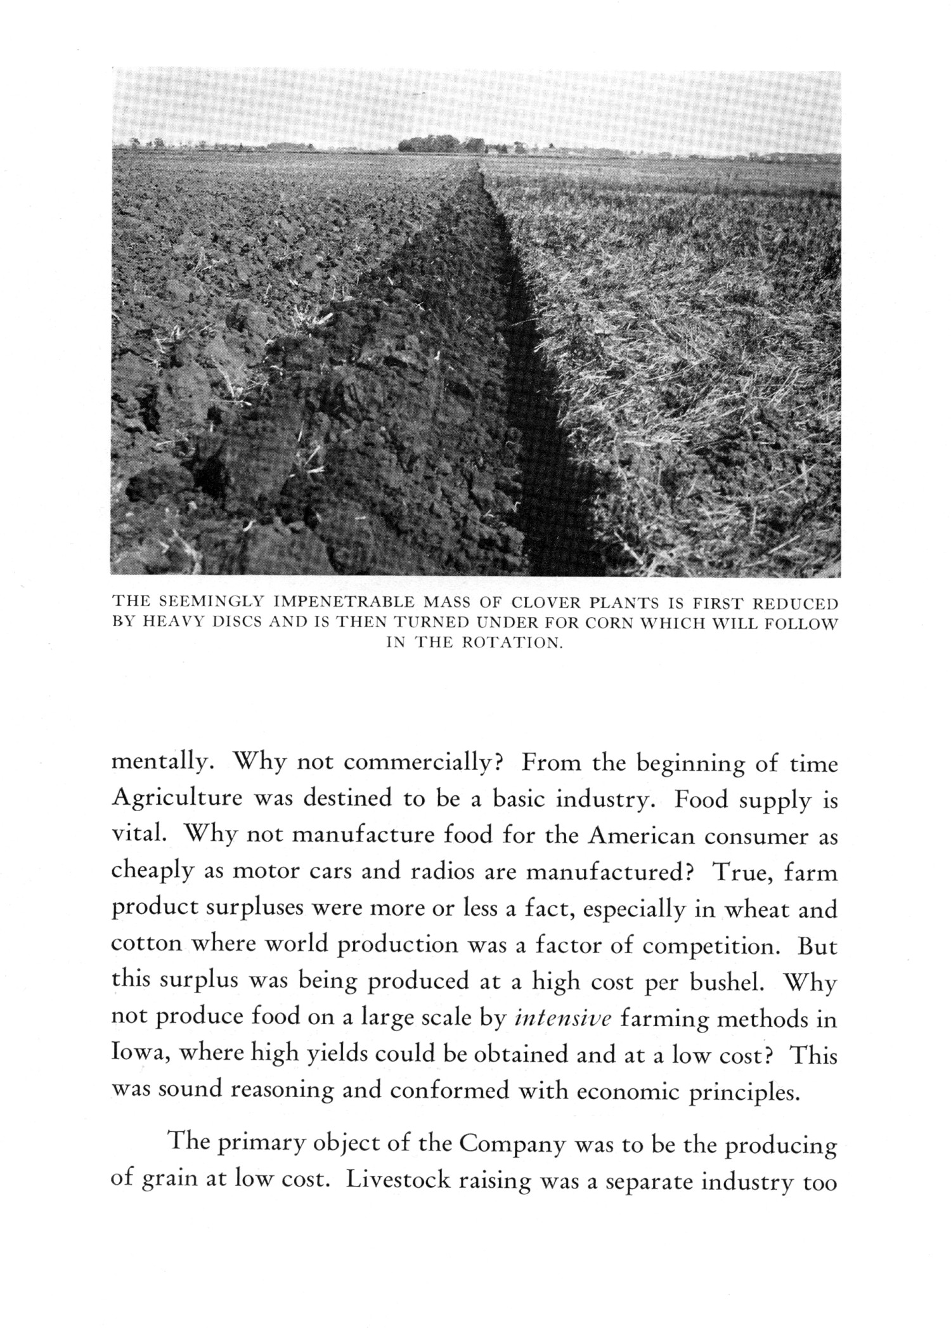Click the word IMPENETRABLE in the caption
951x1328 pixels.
click(x=330, y=602)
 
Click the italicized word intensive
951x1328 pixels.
click(x=563, y=1020)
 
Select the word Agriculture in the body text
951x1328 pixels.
click(x=177, y=800)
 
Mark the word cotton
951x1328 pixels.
click(x=146, y=946)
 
